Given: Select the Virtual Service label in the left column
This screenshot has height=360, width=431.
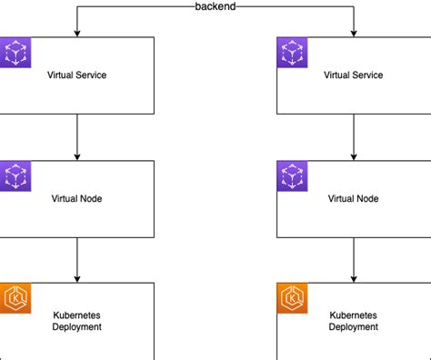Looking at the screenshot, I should coord(77,75).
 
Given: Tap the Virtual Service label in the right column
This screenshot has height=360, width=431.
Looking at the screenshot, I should coord(355,75).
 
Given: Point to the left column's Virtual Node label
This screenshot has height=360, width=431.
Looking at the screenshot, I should coord(77,198).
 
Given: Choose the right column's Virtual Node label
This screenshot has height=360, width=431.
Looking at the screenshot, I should coord(355,198).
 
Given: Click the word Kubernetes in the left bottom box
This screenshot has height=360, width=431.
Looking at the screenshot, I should coord(77,315).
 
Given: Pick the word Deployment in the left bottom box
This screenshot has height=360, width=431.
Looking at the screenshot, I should coord(77,327).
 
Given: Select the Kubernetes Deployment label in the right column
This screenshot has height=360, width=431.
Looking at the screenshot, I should coord(355,321).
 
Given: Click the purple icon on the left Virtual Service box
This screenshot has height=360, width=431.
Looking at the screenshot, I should coord(15,53).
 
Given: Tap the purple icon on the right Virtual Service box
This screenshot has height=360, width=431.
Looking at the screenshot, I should coord(293,53).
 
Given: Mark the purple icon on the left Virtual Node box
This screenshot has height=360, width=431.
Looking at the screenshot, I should coord(15,176).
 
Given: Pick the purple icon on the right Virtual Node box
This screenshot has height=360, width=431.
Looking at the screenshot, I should coord(293,176).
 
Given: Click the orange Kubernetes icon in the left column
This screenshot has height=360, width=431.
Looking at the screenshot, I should coord(15,298).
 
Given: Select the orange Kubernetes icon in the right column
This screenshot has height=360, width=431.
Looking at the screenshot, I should coord(293,298).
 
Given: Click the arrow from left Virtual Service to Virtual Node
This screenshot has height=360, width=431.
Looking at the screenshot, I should coord(77,136).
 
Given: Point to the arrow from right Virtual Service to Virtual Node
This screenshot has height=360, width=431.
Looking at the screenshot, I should coord(355,136).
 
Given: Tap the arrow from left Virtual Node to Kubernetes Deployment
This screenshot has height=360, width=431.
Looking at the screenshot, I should coord(77,259).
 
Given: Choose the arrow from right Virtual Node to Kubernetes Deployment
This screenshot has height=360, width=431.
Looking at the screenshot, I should coord(355,259).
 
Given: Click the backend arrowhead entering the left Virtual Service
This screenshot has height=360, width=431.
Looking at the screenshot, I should coord(77,33).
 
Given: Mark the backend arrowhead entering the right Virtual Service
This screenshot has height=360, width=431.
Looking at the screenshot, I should coord(355,33).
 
